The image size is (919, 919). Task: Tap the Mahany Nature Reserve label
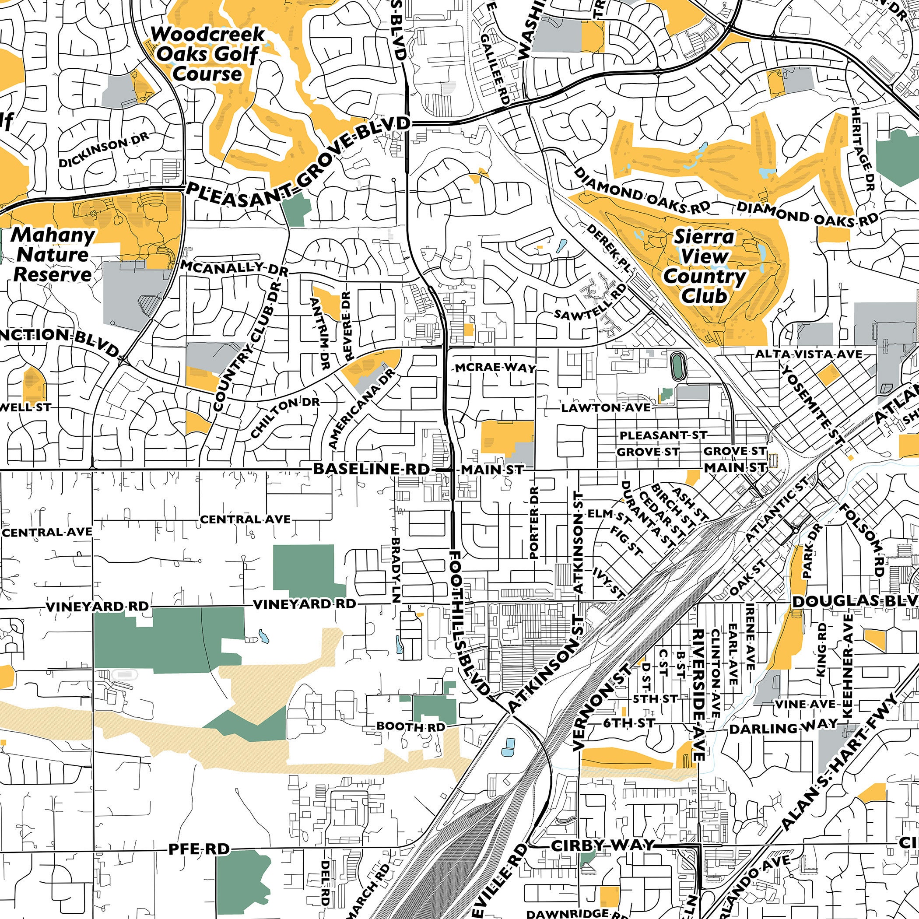(53, 255)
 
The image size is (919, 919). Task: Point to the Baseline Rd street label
(371, 469)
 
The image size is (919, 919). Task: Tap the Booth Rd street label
(410, 727)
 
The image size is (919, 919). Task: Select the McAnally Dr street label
(234, 268)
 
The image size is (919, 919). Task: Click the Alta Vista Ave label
(809, 354)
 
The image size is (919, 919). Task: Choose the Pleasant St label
(663, 435)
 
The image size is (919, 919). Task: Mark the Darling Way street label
(783, 727)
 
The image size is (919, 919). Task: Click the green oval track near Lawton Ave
(677, 365)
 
